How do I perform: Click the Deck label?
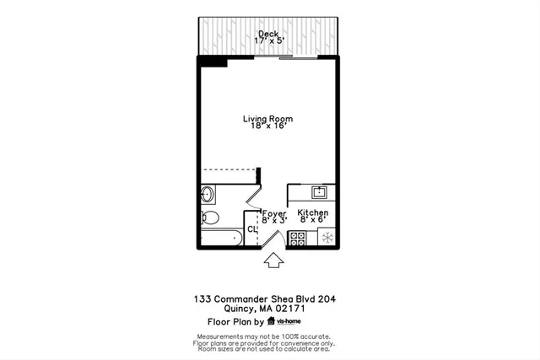coord(268,34)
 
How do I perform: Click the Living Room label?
coord(269,118)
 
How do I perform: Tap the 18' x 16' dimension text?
coord(269,126)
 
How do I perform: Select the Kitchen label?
coord(312,213)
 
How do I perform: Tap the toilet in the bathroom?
coord(211,218)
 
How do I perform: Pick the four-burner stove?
coord(297,239)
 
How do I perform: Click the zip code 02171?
coord(288,309)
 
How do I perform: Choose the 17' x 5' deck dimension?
coord(269,42)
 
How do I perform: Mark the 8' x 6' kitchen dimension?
coord(312,221)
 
